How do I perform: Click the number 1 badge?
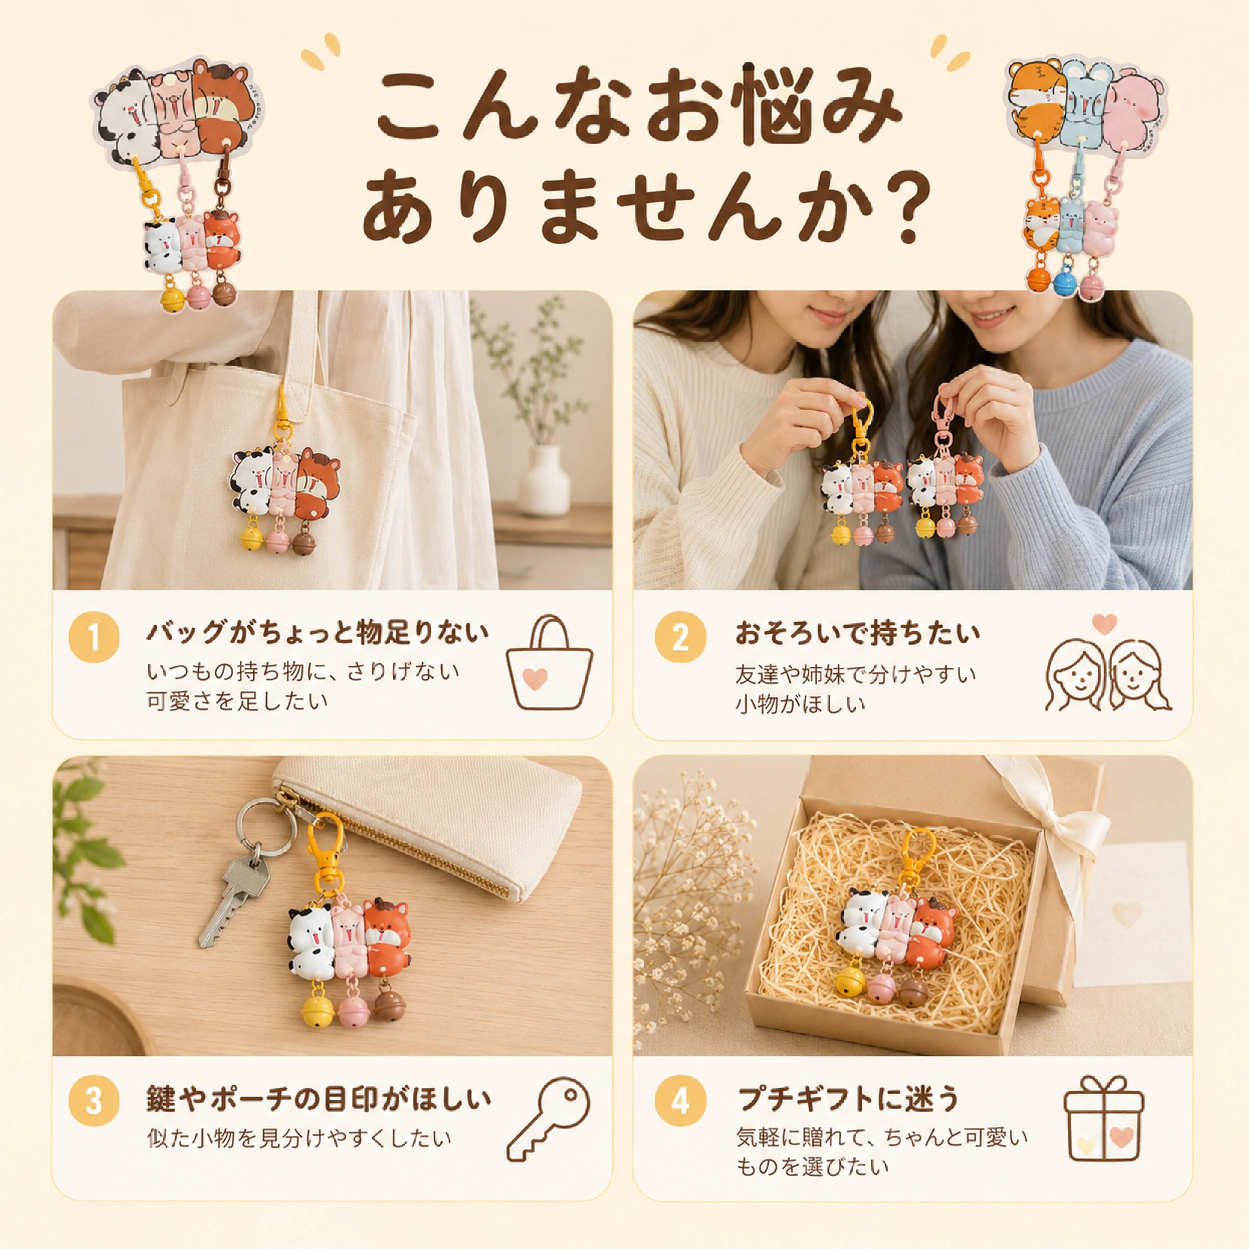click(94, 638)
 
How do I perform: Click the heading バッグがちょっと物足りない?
click(317, 633)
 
